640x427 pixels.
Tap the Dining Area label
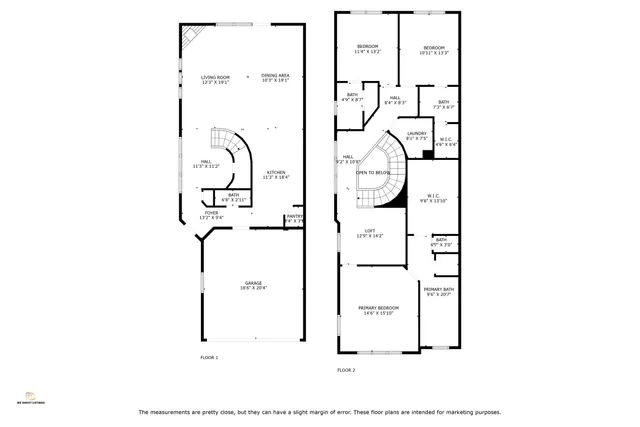coord(275,77)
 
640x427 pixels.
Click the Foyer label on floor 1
coord(211,213)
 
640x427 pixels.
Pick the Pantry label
coord(294,217)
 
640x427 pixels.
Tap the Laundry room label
coord(417,135)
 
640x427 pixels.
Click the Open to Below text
coord(375,172)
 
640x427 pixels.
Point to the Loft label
coord(369,233)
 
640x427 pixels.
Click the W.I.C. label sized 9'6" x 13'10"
coord(434,197)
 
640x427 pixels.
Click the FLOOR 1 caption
coord(209,357)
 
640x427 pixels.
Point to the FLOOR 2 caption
coord(346,369)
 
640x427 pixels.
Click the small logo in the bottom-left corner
coord(30,397)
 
